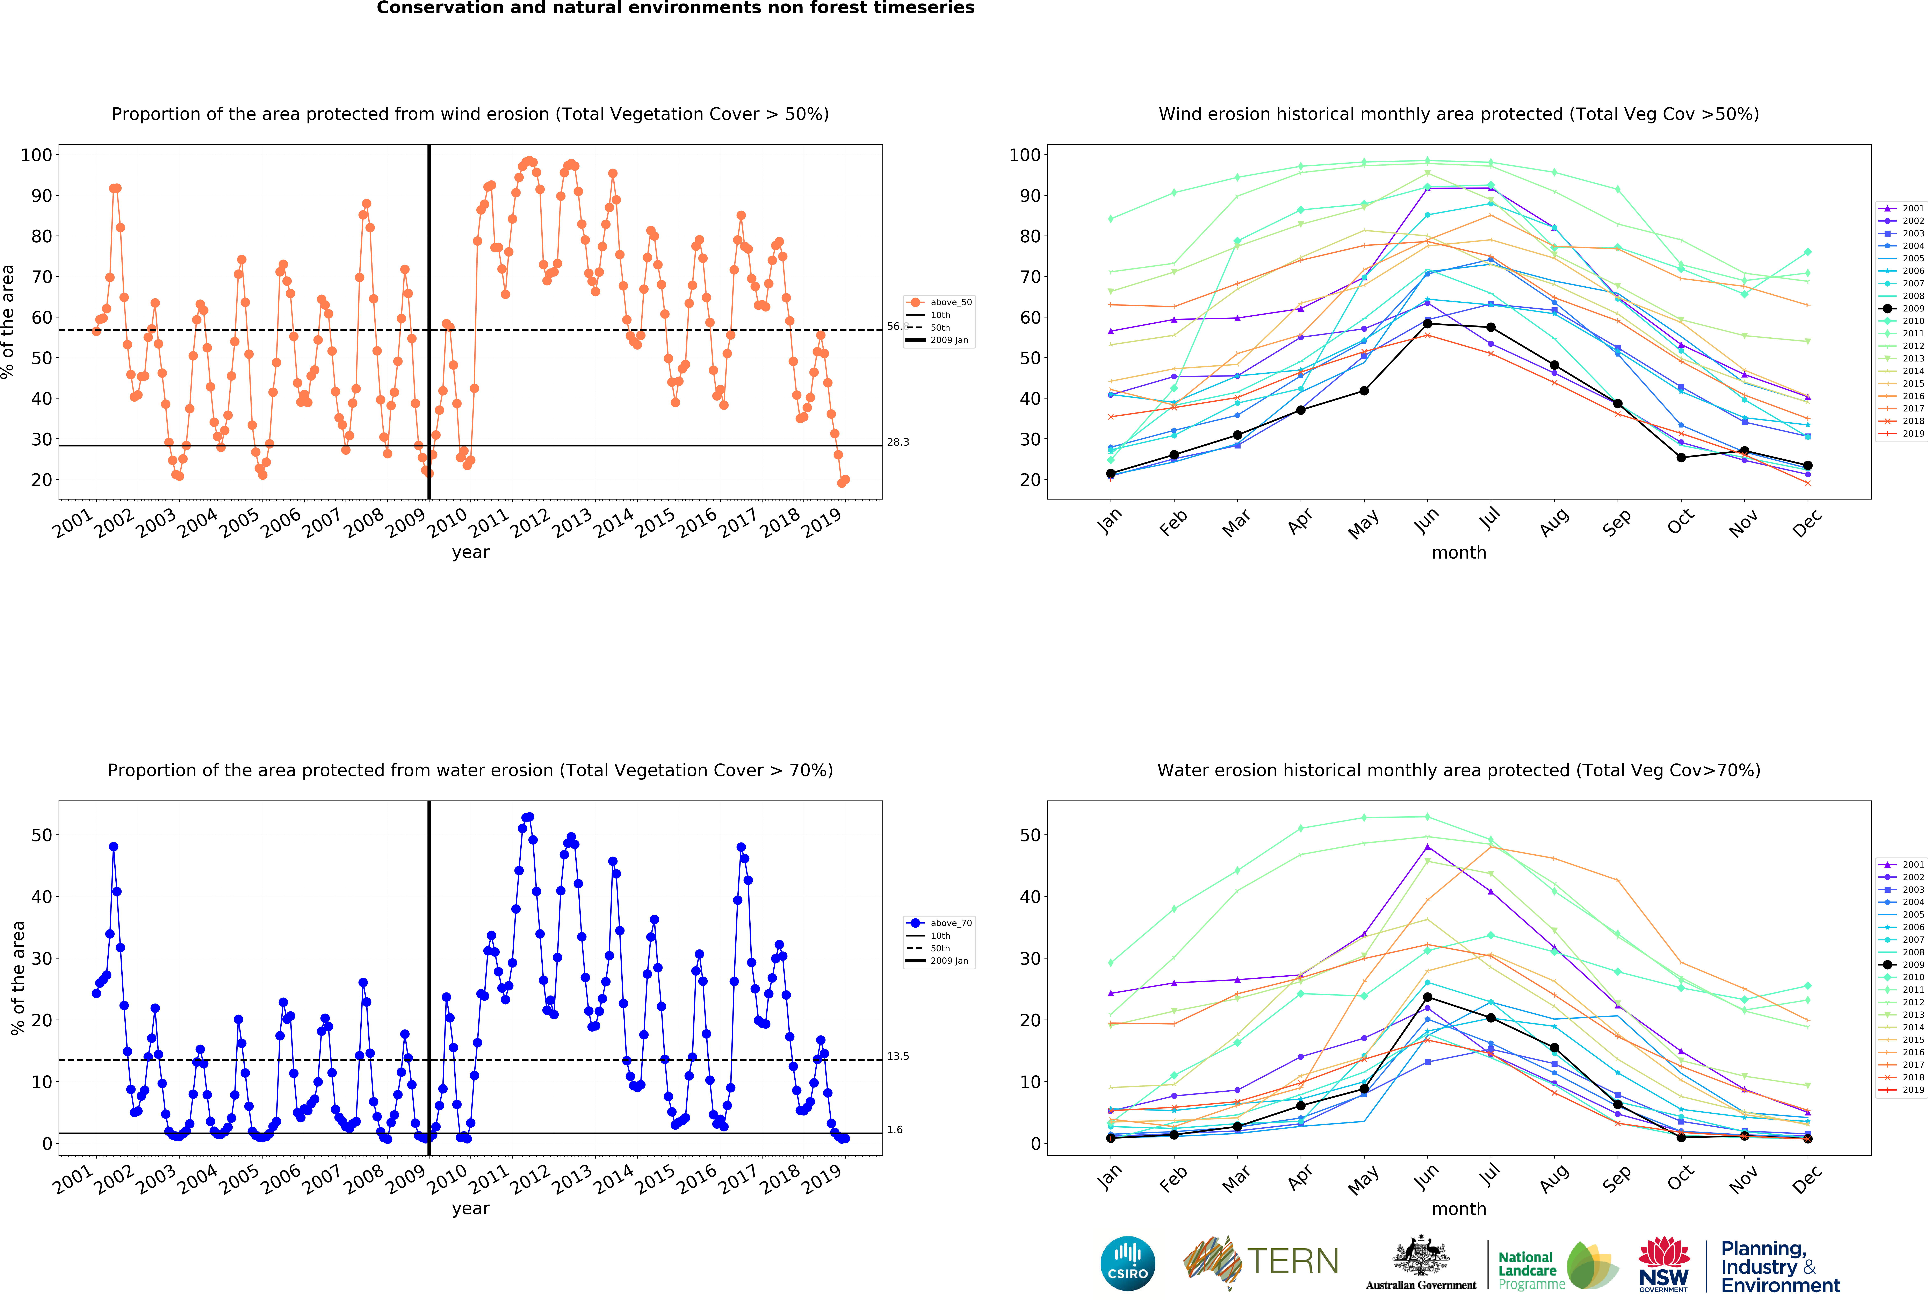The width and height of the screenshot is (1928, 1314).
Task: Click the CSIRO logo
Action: pos(1127,1263)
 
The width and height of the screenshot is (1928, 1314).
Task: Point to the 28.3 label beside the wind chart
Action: pos(898,442)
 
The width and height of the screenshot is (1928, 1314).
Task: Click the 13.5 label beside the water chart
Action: pos(898,1056)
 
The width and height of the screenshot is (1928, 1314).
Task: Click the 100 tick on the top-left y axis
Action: pos(36,155)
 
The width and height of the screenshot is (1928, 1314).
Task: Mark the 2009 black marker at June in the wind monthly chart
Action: pos(1427,324)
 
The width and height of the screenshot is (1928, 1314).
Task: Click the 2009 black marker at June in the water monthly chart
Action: pos(1427,997)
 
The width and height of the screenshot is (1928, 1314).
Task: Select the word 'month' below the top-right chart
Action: pos(1458,552)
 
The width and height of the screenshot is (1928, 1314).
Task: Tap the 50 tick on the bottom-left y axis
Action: pos(42,835)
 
